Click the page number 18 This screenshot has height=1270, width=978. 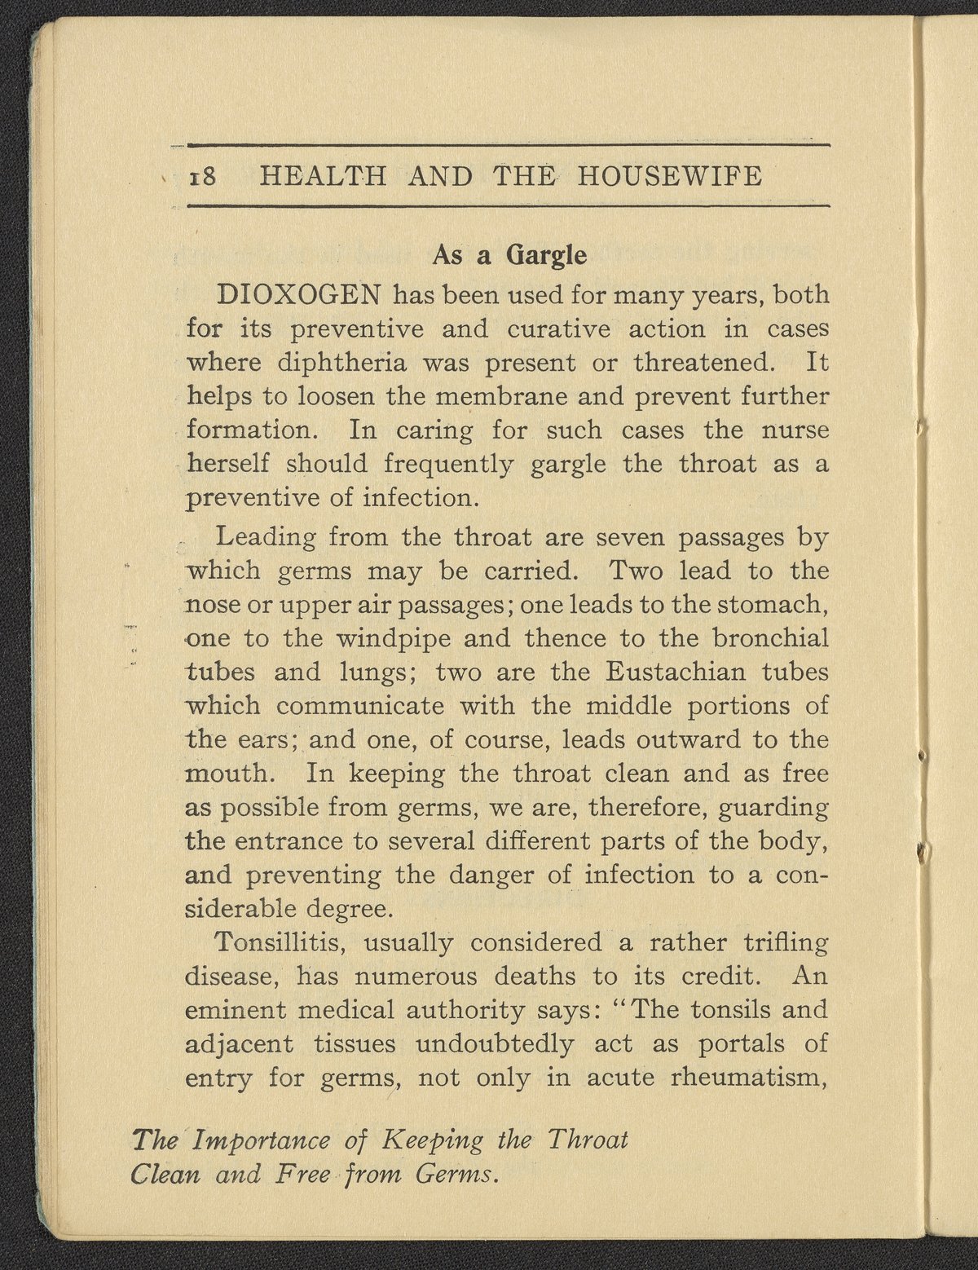click(203, 176)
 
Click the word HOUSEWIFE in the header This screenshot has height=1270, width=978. click(670, 176)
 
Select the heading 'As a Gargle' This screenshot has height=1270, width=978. click(509, 255)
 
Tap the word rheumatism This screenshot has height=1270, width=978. click(748, 1078)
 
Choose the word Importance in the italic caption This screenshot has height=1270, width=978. click(262, 1140)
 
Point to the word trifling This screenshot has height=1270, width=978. click(785, 942)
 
